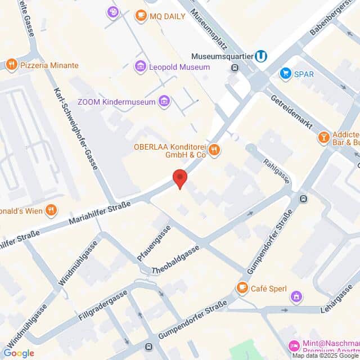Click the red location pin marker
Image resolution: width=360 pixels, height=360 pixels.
tap(179, 178)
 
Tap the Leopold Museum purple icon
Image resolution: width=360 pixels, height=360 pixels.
tap(140, 67)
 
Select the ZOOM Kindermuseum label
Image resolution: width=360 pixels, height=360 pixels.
tap(116, 101)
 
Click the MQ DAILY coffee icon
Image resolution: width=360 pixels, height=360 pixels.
tap(141, 16)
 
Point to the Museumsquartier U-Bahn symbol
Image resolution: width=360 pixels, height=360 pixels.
tap(260, 57)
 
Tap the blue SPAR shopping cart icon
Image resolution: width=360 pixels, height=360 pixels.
tap(286, 74)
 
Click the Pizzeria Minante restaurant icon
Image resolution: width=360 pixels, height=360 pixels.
tap(11, 65)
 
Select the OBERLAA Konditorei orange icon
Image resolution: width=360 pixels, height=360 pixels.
tap(214, 150)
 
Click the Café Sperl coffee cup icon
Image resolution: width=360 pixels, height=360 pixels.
tap(242, 288)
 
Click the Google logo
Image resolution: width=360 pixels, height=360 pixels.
tap(19, 353)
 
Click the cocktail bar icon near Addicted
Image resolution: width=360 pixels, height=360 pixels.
tap(325, 138)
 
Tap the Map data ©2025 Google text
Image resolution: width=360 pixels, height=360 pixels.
tap(325, 355)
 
